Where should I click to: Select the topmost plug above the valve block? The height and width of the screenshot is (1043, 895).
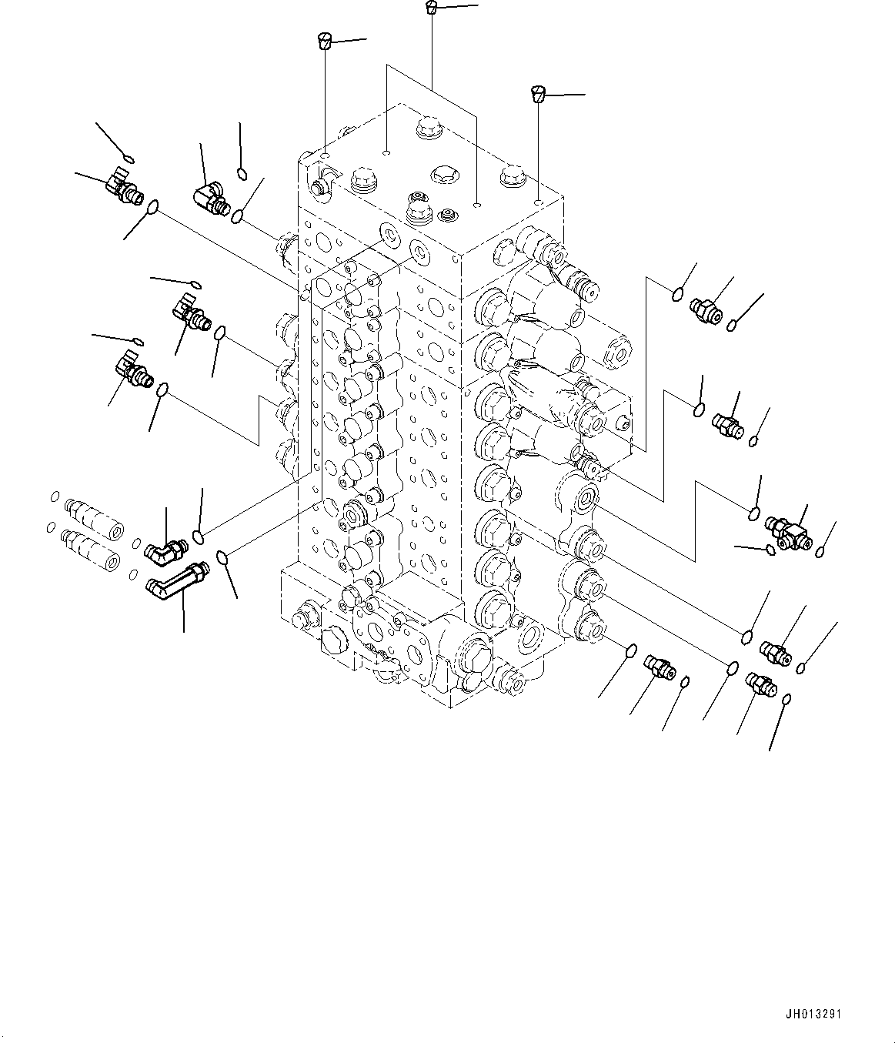click(432, 8)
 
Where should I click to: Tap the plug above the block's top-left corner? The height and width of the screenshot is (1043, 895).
click(325, 40)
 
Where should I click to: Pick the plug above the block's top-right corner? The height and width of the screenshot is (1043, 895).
click(539, 94)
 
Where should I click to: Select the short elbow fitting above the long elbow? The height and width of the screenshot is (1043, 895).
click(165, 549)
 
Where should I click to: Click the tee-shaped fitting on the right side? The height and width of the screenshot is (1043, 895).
click(789, 533)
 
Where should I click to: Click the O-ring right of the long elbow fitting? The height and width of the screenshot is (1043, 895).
click(222, 557)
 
